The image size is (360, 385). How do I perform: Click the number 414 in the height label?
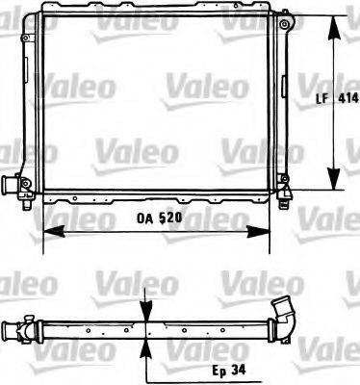pyautogui.click(x=348, y=98)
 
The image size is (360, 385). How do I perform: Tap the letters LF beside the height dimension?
pyautogui.click(x=324, y=98)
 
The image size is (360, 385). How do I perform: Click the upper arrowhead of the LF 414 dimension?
pyautogui.click(x=334, y=19)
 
